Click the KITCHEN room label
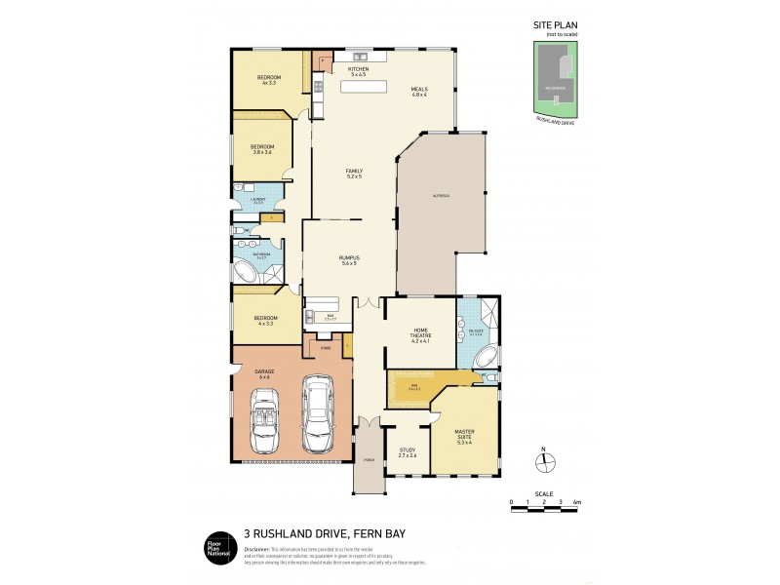(359, 69)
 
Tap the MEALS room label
(420, 90)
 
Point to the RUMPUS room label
(349, 258)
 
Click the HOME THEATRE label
(420, 331)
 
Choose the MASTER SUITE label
(464, 434)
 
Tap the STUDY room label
(408, 450)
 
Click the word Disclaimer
(256, 548)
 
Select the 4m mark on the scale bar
(577, 502)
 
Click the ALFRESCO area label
(441, 197)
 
